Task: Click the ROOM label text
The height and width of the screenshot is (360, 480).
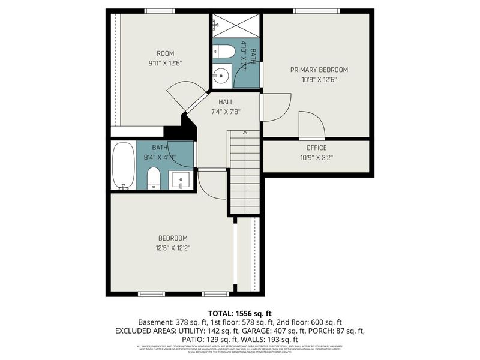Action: (165, 53)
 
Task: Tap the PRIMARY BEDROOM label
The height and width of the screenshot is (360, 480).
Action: (319, 70)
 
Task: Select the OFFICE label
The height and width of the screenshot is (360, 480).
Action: (316, 148)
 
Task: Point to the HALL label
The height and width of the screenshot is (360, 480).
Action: (226, 102)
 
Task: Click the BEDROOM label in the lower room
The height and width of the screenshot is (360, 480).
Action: (173, 238)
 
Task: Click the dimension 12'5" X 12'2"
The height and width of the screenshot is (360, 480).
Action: (173, 247)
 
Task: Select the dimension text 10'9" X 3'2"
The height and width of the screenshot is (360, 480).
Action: (316, 157)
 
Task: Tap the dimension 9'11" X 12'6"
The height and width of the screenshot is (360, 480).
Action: (165, 63)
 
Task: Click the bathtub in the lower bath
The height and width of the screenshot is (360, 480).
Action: (123, 165)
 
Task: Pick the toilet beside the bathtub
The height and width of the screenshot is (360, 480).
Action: (154, 178)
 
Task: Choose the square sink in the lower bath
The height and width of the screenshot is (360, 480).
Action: (181, 179)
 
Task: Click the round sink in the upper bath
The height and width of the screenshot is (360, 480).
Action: (221, 76)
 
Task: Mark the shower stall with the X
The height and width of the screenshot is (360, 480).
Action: (236, 25)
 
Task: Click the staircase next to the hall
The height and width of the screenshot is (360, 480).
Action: (244, 174)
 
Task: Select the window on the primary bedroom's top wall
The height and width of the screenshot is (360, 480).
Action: (316, 11)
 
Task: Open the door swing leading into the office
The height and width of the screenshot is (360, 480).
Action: (312, 125)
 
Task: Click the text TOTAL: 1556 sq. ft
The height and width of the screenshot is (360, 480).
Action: (240, 313)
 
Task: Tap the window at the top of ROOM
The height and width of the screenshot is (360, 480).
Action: (160, 11)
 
